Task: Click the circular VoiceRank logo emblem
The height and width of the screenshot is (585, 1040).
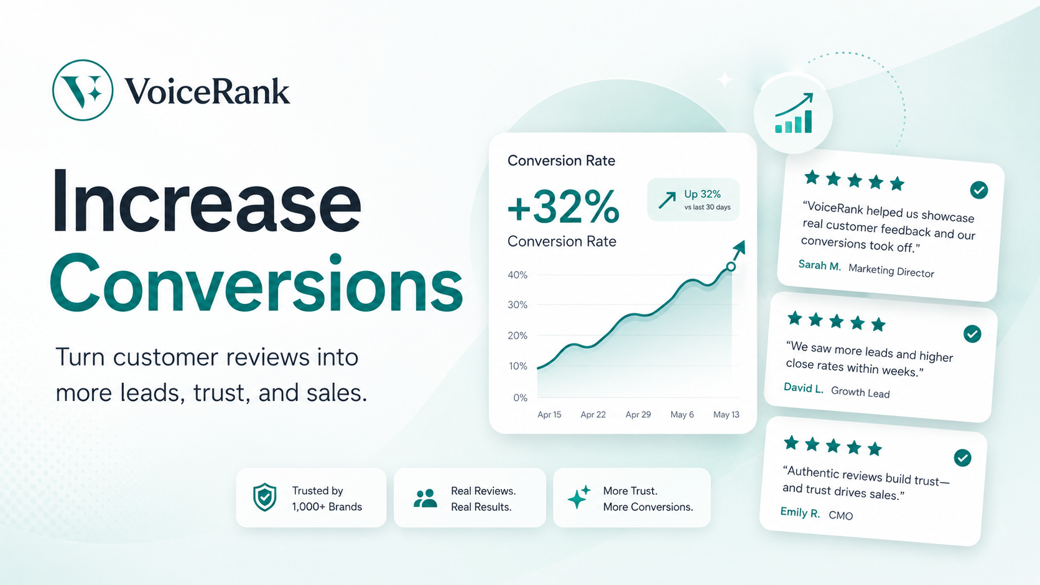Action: pyautogui.click(x=83, y=90)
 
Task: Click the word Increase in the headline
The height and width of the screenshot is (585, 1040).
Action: pyautogui.click(x=207, y=201)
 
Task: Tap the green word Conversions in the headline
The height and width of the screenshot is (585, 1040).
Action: pyautogui.click(x=256, y=283)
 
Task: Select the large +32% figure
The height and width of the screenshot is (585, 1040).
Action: pyautogui.click(x=563, y=208)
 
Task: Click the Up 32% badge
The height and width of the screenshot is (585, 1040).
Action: pyautogui.click(x=693, y=200)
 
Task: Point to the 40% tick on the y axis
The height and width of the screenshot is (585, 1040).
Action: pyautogui.click(x=518, y=275)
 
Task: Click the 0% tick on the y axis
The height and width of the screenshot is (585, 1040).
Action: pyautogui.click(x=520, y=398)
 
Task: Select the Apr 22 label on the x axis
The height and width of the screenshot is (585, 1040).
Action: pyautogui.click(x=593, y=414)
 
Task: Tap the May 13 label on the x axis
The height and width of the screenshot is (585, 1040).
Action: pyautogui.click(x=726, y=414)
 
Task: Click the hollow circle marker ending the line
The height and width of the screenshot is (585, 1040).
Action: pyautogui.click(x=731, y=266)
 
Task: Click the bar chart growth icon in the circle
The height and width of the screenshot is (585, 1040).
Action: pyautogui.click(x=794, y=113)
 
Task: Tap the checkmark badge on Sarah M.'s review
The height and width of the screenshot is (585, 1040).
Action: pyautogui.click(x=978, y=190)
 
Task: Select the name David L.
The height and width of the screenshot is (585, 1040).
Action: pyautogui.click(x=803, y=388)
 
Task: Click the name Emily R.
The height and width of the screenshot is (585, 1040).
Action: pyautogui.click(x=800, y=512)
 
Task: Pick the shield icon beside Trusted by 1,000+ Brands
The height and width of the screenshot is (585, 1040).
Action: pyautogui.click(x=264, y=497)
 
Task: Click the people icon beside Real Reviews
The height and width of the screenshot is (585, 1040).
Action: pyautogui.click(x=425, y=498)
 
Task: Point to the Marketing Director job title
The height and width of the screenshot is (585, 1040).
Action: pyautogui.click(x=891, y=270)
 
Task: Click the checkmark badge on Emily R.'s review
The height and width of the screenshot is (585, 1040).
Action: pyautogui.click(x=962, y=458)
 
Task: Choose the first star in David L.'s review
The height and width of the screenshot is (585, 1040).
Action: pyautogui.click(x=795, y=318)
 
